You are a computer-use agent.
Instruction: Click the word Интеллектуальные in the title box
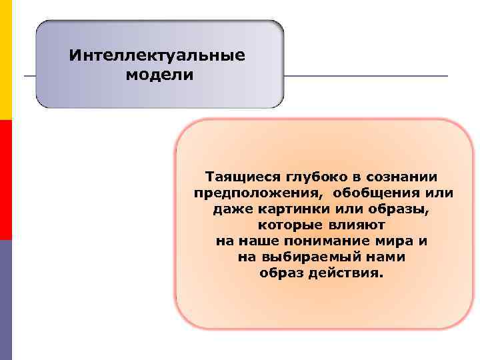[157, 55]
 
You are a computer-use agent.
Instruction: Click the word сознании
[401, 178]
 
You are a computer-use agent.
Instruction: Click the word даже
[231, 209]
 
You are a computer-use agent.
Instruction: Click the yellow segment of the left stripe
[6, 60]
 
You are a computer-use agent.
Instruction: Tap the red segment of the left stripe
[6, 180]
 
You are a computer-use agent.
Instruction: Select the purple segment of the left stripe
[6, 300]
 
